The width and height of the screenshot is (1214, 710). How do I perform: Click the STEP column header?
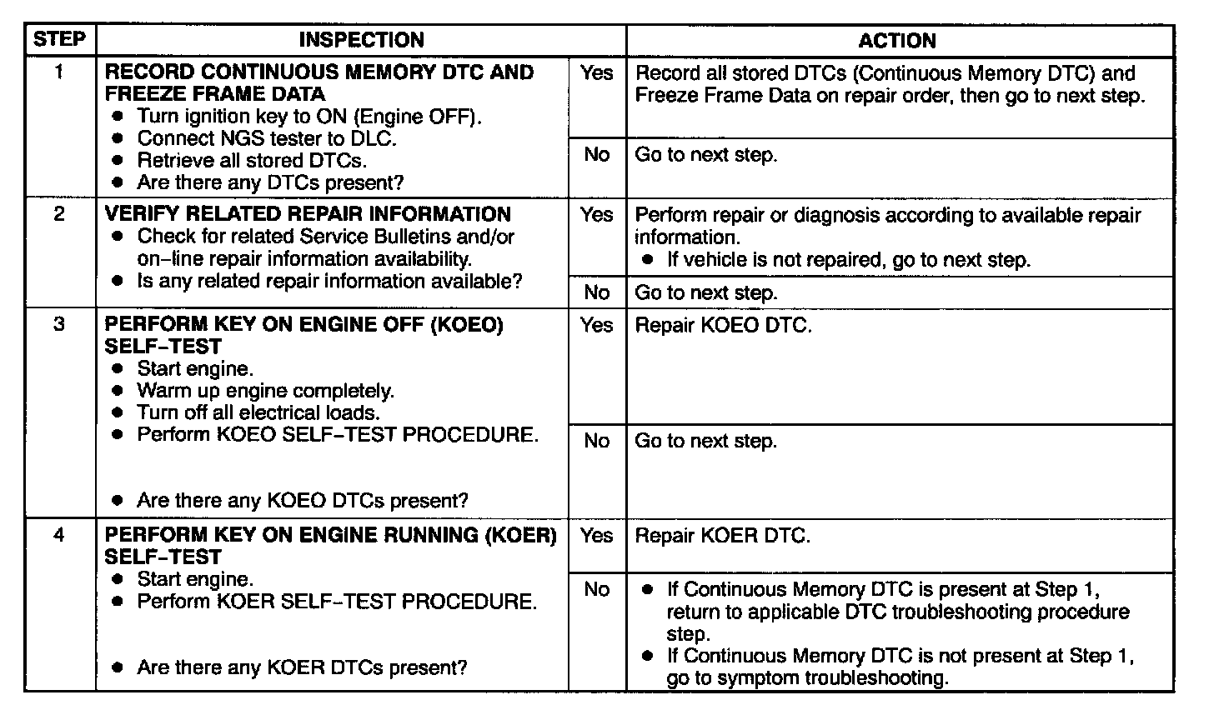coord(59,40)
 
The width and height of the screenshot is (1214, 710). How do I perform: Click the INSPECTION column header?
coord(361,40)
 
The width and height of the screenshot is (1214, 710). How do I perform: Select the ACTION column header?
coord(897,41)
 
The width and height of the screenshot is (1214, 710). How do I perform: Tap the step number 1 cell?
coord(59,72)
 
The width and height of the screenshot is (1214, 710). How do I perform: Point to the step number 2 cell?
coord(59,214)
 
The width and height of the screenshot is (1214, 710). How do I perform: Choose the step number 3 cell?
coord(59,325)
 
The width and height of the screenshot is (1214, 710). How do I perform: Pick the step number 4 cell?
coord(59,535)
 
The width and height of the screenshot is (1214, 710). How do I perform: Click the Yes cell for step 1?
coord(596,73)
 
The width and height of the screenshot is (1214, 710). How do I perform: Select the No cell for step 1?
coord(596,155)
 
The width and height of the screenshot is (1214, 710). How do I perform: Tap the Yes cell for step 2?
coord(596,215)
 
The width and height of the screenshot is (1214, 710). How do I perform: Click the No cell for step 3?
coord(596,441)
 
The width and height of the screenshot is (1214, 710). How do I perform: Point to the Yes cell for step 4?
coord(596,536)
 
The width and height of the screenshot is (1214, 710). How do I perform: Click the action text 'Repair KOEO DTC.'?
coord(723,326)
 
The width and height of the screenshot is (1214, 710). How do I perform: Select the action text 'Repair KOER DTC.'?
coord(722,536)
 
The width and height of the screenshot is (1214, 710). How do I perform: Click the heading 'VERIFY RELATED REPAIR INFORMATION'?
coord(308,214)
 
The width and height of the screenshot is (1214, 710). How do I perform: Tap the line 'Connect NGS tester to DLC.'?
coord(266,138)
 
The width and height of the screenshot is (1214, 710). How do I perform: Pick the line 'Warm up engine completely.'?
coord(265,391)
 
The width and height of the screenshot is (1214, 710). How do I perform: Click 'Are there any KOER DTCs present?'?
coord(301,667)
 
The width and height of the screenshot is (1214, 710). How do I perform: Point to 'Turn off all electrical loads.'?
coord(258,412)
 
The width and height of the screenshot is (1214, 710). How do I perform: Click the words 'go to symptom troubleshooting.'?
coord(807,678)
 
